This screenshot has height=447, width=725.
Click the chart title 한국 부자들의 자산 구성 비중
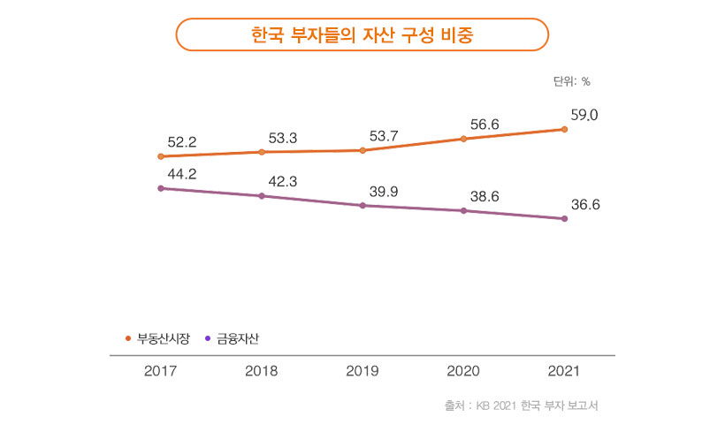[x=362, y=34]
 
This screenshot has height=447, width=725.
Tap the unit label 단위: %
[x=571, y=81]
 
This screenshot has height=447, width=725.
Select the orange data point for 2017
[x=160, y=156]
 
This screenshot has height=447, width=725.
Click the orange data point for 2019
[x=362, y=150]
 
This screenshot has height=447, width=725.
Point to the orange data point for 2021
[x=564, y=129]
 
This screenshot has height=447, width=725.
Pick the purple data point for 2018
[x=262, y=196]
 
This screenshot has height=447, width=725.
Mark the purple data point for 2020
[x=463, y=211]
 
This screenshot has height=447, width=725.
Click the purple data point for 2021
[x=564, y=219]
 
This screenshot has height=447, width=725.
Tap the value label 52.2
[x=181, y=141]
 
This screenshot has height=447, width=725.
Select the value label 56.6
[x=485, y=125]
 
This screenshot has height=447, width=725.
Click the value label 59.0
[x=584, y=115]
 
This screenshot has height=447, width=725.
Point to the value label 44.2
[x=181, y=174]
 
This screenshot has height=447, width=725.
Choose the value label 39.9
[x=384, y=191]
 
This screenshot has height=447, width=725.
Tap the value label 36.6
[x=585, y=205]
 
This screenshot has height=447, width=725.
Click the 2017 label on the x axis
[x=160, y=371]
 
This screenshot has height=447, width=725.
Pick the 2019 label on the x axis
[x=362, y=371]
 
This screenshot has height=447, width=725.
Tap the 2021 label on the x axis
[x=564, y=371]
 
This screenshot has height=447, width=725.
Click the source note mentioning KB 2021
[x=521, y=406]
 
